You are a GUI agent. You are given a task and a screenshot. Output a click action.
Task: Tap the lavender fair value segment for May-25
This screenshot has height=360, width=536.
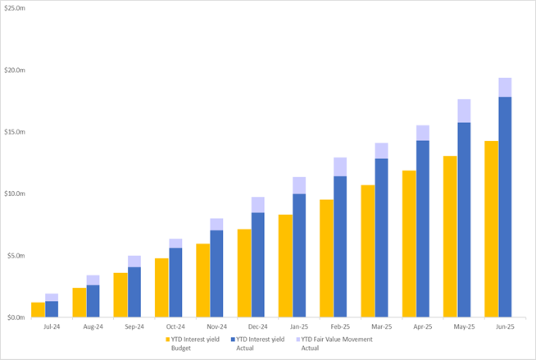(x=464, y=111)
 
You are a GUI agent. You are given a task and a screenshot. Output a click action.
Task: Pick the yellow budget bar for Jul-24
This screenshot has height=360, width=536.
(x=38, y=310)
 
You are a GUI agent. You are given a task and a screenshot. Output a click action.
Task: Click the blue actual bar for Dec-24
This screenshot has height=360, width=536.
(x=258, y=265)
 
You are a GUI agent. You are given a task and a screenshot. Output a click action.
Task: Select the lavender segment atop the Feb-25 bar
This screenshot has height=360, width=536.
(x=340, y=166)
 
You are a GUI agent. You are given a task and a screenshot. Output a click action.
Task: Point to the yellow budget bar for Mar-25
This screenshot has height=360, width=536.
(x=368, y=251)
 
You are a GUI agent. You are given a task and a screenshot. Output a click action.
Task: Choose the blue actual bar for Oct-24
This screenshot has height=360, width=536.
(x=175, y=282)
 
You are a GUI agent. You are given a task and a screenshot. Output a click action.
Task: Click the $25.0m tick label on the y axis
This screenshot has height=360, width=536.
(x=18, y=8)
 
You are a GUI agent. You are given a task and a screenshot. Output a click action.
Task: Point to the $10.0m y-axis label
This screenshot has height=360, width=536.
(x=18, y=194)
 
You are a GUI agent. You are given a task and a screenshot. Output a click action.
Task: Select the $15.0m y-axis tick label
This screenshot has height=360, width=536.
(x=18, y=132)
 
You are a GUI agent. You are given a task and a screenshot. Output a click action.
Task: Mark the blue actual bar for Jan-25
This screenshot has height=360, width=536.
(x=299, y=255)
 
